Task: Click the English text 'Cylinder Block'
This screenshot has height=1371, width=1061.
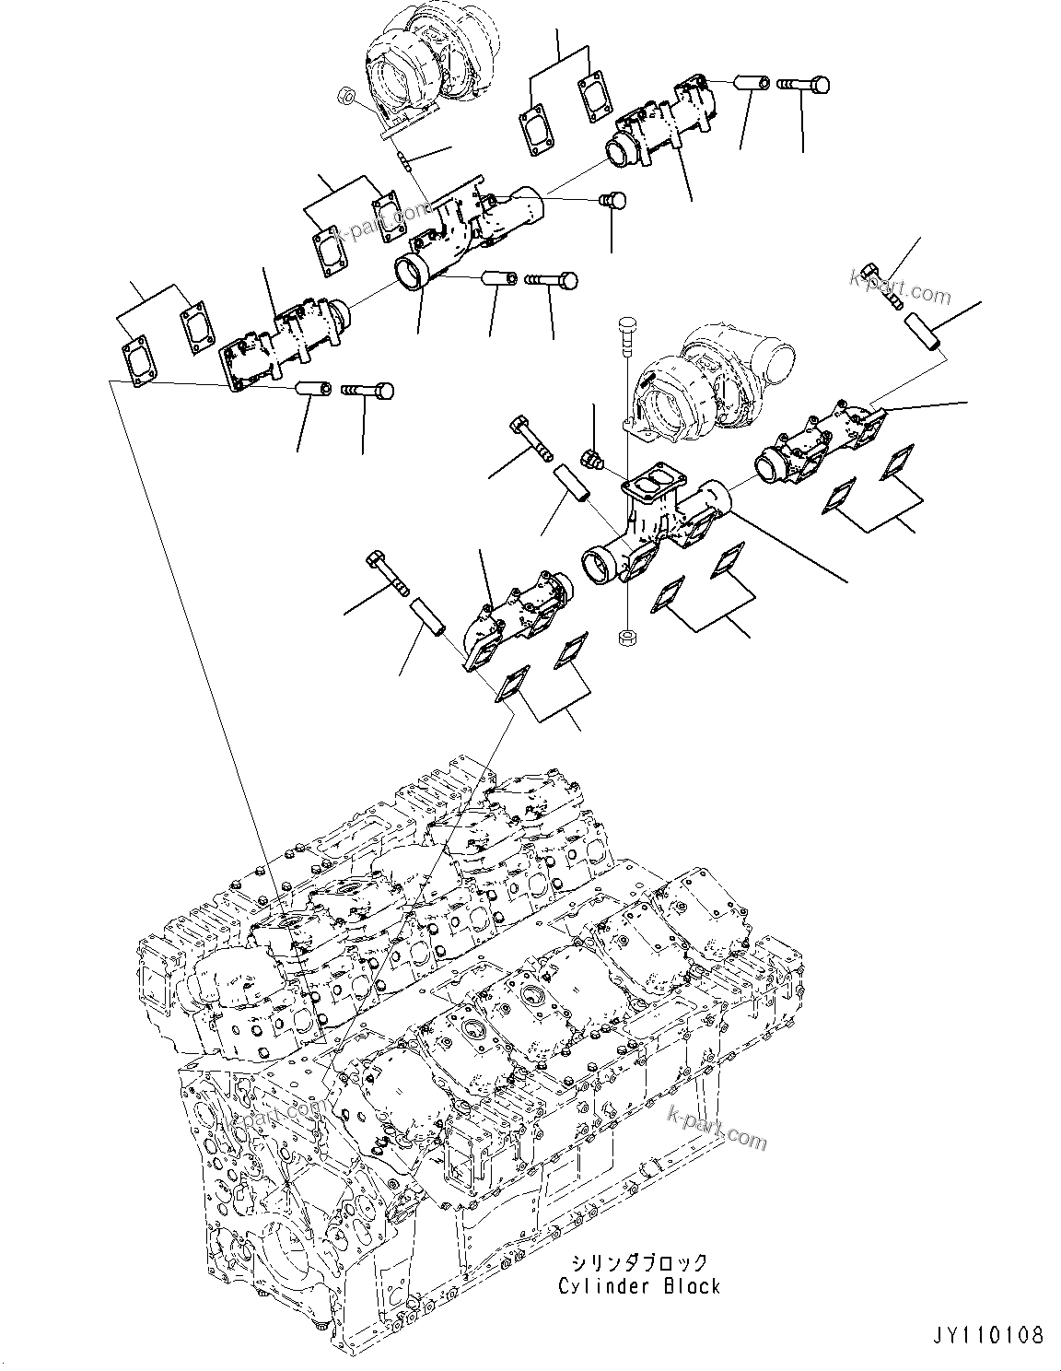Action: (x=639, y=1285)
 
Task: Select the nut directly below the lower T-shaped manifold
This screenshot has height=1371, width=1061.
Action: (x=625, y=636)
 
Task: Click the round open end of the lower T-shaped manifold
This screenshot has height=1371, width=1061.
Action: (x=600, y=563)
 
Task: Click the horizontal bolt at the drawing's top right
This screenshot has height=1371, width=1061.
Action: (x=804, y=85)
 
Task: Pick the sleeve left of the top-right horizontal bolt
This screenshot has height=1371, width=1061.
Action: (x=752, y=83)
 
